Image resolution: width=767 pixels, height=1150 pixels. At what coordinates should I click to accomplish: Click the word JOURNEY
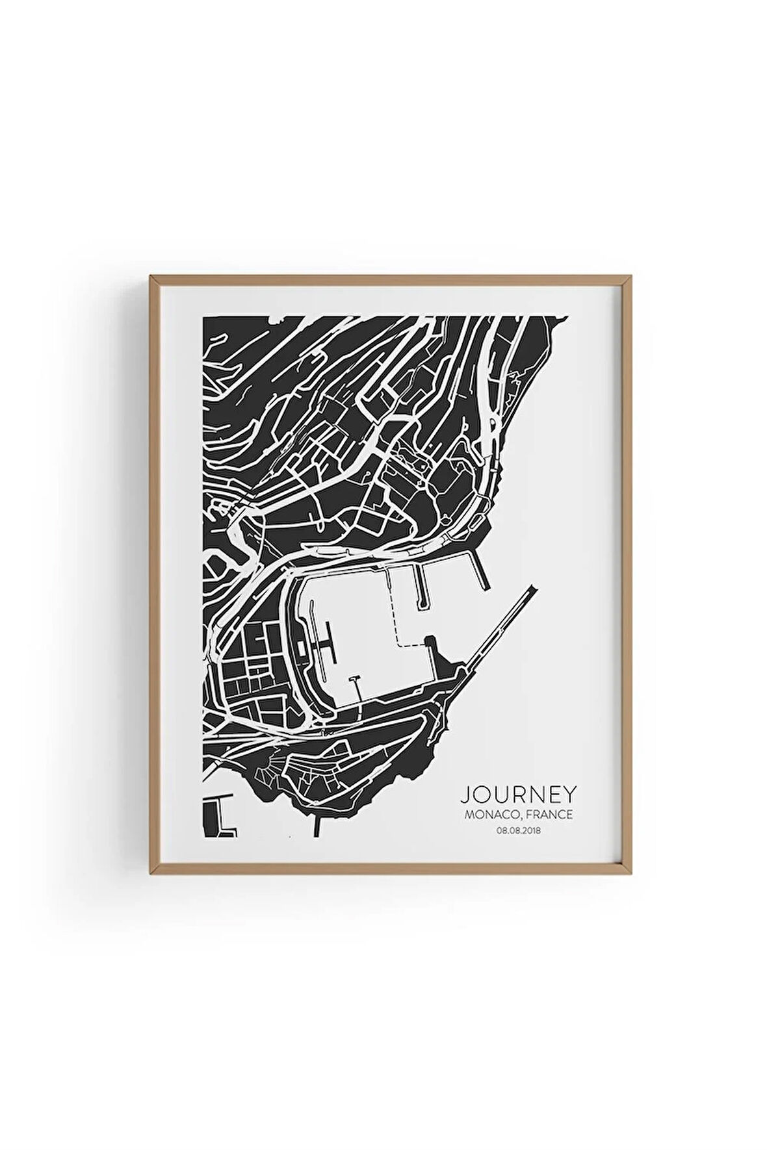[x=518, y=794]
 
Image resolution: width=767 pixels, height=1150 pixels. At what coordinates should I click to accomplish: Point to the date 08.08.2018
[x=519, y=830]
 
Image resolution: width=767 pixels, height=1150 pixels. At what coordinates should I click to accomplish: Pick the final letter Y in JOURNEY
[x=569, y=794]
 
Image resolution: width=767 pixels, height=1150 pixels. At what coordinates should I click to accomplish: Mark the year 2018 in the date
[x=531, y=830]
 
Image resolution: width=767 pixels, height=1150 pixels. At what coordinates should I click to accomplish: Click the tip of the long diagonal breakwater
[x=534, y=586]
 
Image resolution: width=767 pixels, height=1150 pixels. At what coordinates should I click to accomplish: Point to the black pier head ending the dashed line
[x=430, y=643]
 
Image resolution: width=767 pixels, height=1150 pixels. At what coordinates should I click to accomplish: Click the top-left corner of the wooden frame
[x=151, y=277]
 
